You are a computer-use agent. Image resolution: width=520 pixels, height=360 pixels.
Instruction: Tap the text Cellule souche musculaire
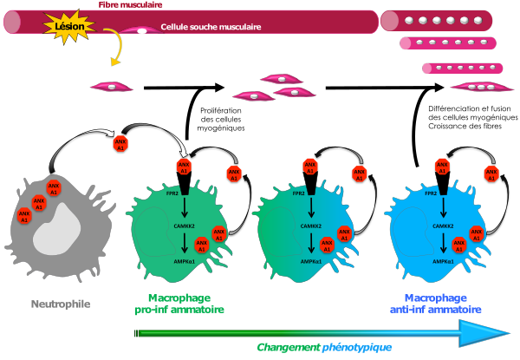pos(211,27)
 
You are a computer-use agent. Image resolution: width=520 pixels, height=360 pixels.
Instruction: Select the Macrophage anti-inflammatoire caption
pos(431,302)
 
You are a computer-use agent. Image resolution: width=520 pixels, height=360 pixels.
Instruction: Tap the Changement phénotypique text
pos(324,347)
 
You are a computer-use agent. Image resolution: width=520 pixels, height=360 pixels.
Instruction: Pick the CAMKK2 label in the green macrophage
pos(183,228)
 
